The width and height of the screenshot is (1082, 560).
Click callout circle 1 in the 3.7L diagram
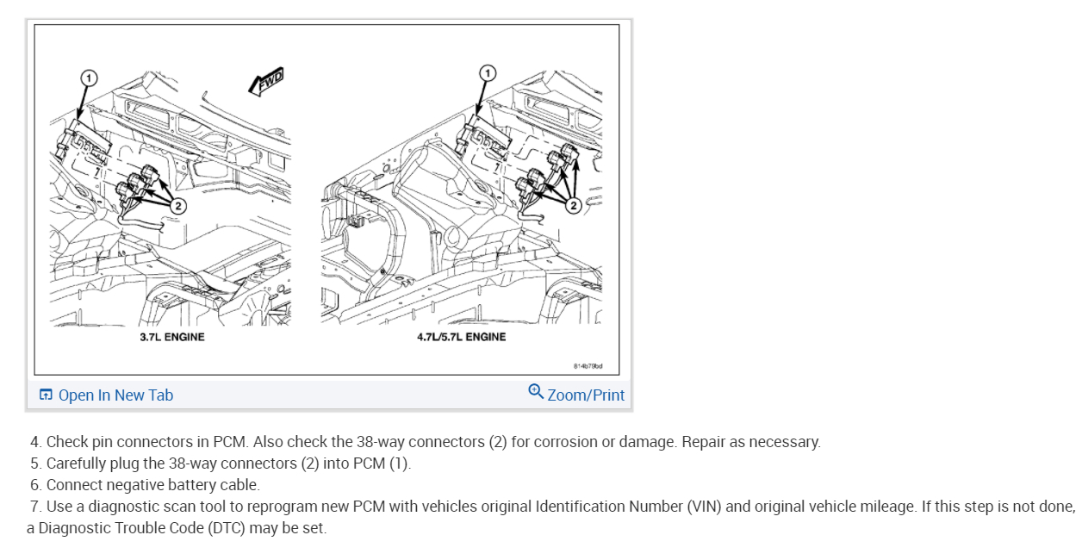(87, 78)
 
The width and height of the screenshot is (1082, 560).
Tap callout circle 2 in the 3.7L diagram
(177, 205)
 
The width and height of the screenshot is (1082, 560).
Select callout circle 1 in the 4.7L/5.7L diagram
(488, 72)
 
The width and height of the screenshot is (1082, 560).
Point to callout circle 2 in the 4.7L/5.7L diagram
(572, 206)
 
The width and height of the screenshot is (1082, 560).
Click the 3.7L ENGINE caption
(172, 337)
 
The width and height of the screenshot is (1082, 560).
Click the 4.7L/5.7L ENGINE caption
(462, 337)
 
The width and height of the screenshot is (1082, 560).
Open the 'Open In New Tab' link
(115, 395)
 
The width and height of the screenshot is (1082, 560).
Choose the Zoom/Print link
(586, 395)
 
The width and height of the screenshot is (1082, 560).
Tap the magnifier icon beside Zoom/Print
(536, 392)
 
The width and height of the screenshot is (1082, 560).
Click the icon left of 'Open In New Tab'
(46, 395)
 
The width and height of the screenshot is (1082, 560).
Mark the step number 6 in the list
(35, 485)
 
